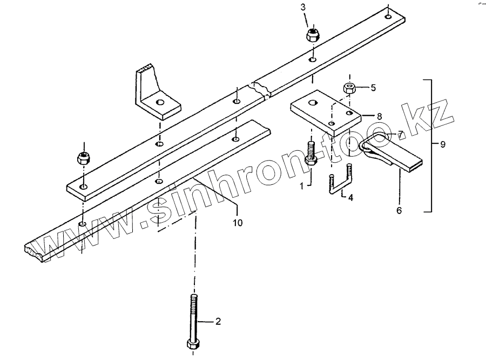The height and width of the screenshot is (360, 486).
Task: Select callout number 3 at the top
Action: coord(303,7)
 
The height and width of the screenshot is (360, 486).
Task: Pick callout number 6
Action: coord(399,210)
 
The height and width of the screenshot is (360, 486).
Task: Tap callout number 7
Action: coord(401,133)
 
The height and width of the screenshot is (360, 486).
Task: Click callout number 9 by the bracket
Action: coord(443,145)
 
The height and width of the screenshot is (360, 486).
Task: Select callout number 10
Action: coord(237,222)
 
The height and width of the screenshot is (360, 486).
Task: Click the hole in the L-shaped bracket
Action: coord(159,102)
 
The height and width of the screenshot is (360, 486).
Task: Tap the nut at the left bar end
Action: coord(84,158)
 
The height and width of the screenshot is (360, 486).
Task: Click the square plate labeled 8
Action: coord(324,112)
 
